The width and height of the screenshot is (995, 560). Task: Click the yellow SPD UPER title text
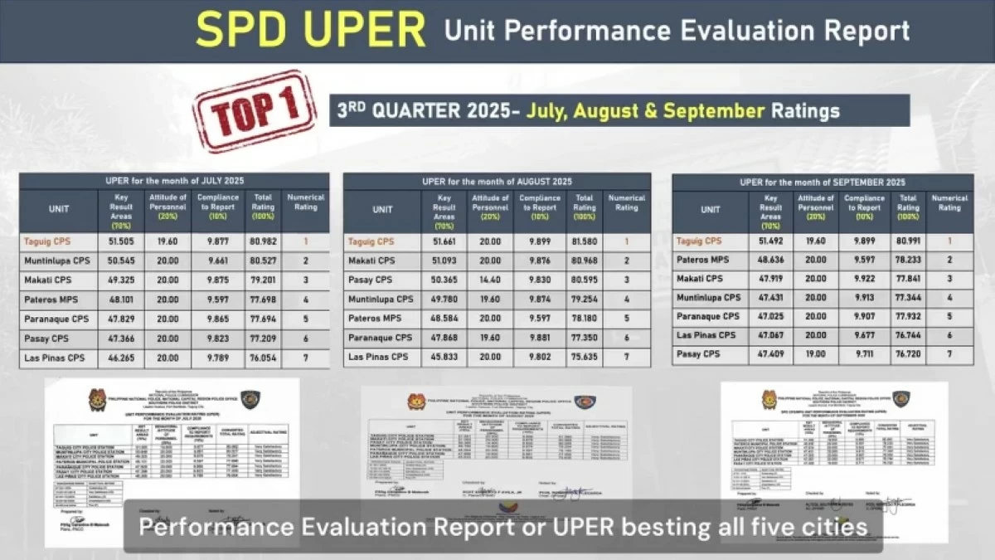point(311,31)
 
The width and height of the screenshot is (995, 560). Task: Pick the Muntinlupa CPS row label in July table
point(56,261)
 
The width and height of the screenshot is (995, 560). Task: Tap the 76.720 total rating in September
point(909,354)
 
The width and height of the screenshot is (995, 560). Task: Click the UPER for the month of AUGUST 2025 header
point(497,181)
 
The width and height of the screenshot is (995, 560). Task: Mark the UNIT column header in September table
point(711,210)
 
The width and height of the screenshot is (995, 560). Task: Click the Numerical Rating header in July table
point(304,202)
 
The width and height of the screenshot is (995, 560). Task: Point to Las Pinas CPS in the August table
point(378,356)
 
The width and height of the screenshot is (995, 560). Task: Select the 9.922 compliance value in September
point(862,279)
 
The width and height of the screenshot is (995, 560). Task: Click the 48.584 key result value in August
point(444,318)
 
